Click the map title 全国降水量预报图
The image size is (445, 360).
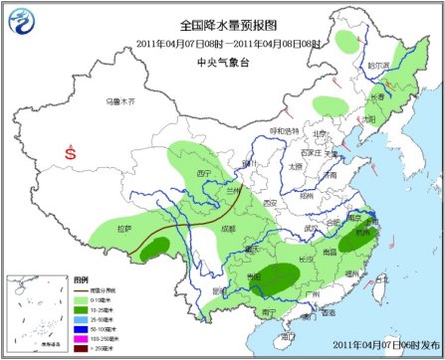[222, 24]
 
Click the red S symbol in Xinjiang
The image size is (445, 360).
[69, 154]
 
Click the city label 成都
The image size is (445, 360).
[231, 229]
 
